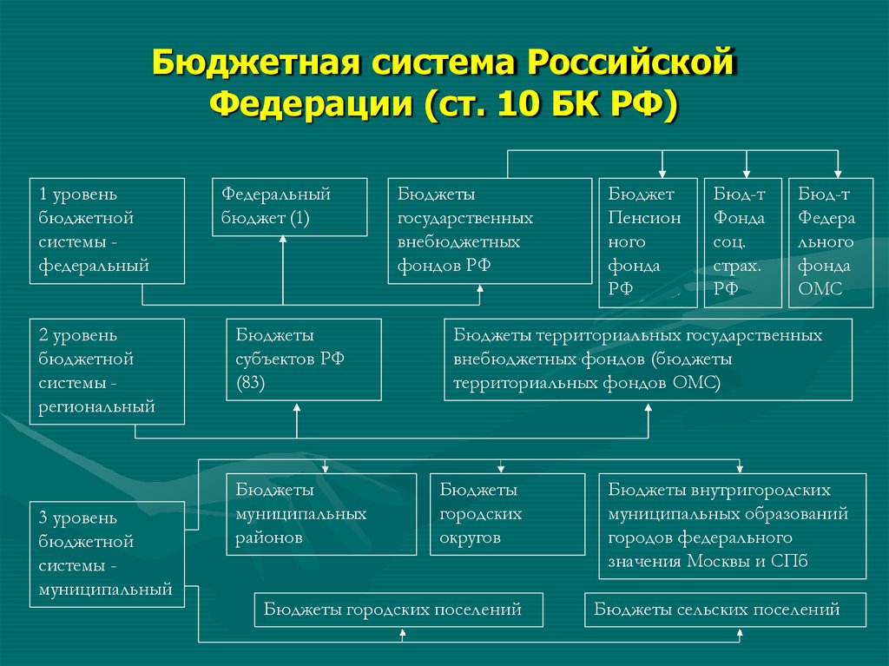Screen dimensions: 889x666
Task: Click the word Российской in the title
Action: [632, 63]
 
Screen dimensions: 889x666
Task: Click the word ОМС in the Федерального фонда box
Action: [820, 289]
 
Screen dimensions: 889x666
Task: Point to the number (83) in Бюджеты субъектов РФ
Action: [251, 383]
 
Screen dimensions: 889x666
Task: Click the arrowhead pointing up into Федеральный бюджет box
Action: [283, 240]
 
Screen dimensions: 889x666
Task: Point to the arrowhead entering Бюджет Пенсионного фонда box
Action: [662, 175]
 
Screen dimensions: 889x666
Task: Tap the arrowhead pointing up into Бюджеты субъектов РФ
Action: [297, 406]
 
